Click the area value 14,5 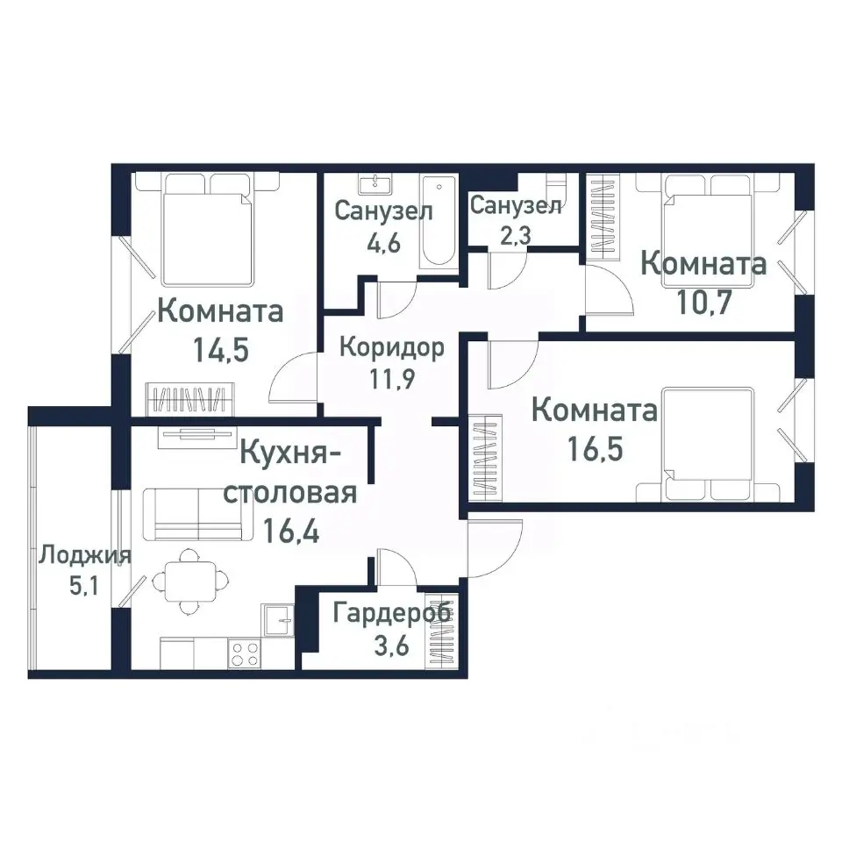click(x=221, y=350)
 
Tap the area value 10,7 click(x=704, y=302)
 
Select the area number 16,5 click(x=595, y=450)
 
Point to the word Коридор click(x=391, y=346)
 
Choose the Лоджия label click(x=85, y=555)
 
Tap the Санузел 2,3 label click(x=516, y=206)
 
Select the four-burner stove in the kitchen click(x=244, y=653)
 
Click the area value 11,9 click(x=391, y=382)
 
